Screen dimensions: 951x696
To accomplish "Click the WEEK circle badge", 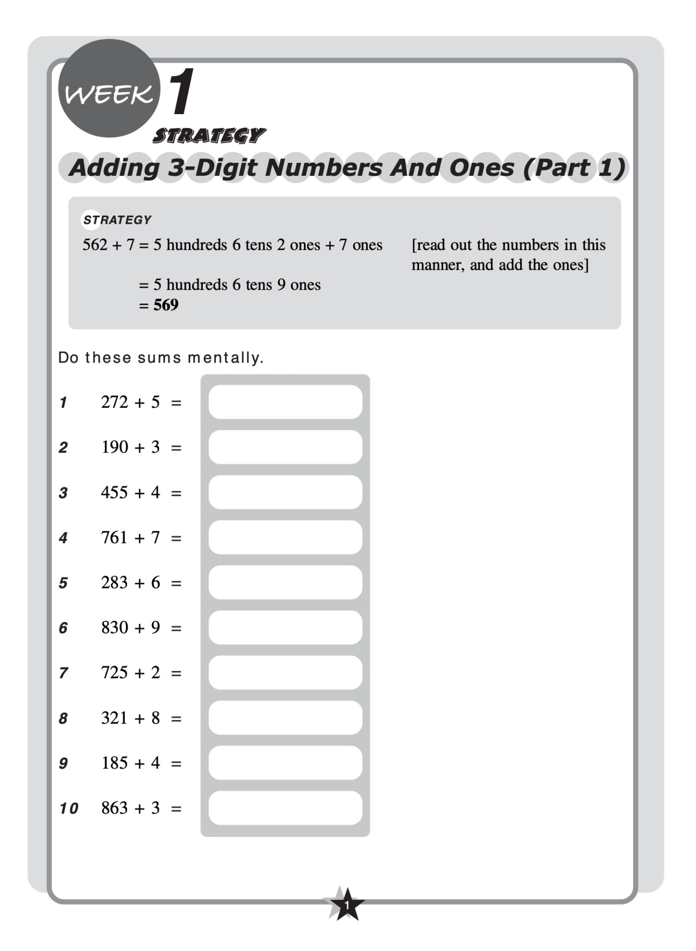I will coord(109,89).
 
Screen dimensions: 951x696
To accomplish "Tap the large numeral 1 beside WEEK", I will coord(181,91).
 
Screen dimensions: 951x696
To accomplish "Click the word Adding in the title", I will coord(114,168).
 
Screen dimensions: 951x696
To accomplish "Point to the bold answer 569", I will coord(166,305).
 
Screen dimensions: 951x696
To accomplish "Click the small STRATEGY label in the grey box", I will coord(117,220).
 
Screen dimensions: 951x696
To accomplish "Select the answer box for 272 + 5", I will coord(285,402).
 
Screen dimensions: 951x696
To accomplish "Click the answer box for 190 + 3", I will coord(285,447).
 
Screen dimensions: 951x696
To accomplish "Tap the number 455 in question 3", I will coord(114,492).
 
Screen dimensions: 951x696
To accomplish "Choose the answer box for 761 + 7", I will coord(285,537).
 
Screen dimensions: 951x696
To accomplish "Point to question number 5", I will coord(63,583).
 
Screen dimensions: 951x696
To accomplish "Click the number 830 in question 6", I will coord(114,627).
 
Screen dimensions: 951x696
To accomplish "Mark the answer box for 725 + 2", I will coord(285,672).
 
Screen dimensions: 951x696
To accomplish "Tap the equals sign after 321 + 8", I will coord(176,718).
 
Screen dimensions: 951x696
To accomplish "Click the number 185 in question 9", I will coord(114,763).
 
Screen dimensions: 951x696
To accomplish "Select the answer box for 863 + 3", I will coord(285,808).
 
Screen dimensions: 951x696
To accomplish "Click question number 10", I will coord(68,808).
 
